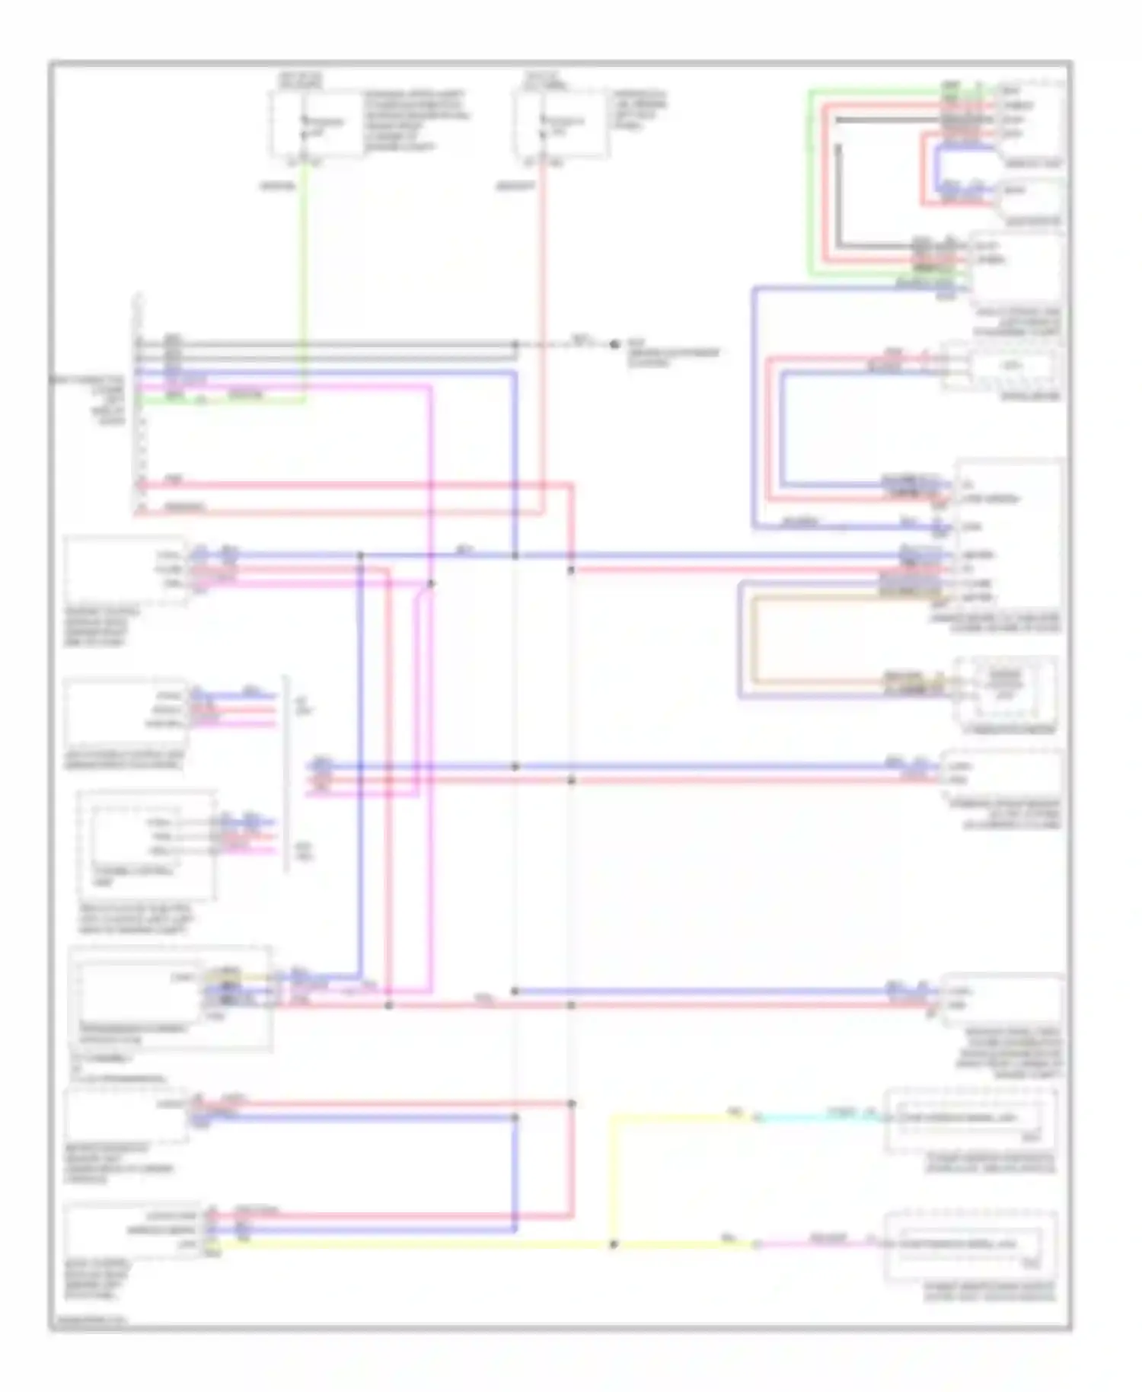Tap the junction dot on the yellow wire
[614, 1244]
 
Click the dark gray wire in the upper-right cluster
[838, 198]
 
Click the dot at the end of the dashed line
[614, 344]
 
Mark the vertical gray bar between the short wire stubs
[287, 773]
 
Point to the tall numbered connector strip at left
[139, 404]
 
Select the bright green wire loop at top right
[810, 183]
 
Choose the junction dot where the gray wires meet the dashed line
[515, 345]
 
